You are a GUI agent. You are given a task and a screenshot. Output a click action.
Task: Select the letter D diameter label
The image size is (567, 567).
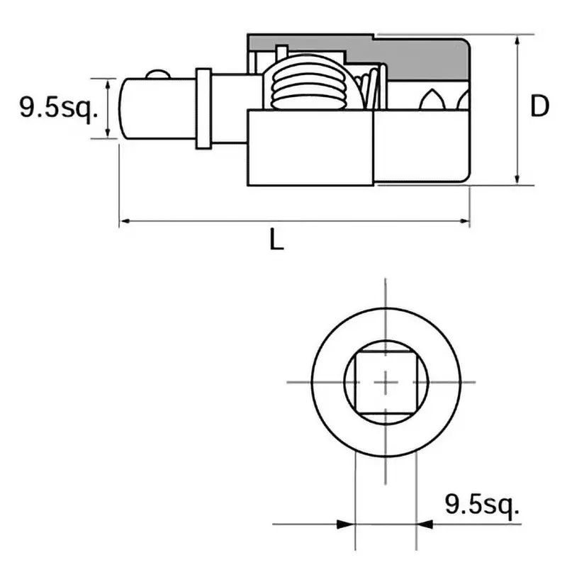[540, 108]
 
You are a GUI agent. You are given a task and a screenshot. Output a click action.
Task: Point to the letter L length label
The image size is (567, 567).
[277, 242]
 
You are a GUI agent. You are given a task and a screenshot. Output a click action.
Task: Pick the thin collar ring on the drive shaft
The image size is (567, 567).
[203, 109]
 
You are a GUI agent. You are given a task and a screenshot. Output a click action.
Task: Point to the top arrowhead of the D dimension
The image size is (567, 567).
[519, 40]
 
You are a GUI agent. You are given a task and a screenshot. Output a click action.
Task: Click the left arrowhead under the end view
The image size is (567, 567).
[347, 524]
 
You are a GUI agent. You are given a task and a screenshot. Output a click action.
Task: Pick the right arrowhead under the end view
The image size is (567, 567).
[424, 524]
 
